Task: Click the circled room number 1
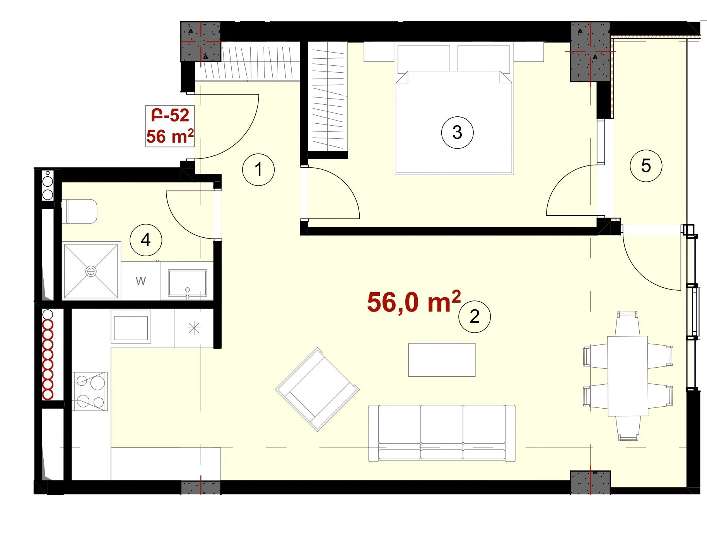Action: [x=258, y=169]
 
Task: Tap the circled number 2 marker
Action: [x=475, y=317]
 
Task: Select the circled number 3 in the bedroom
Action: [x=457, y=132]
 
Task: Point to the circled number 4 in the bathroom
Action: [x=146, y=240]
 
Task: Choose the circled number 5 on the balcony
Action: [x=646, y=165]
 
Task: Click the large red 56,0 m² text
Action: [x=414, y=302]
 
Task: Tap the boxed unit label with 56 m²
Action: [x=170, y=126]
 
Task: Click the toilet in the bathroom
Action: [x=79, y=211]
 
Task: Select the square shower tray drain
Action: [x=91, y=271]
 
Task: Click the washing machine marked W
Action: [x=141, y=281]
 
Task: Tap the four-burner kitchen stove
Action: [x=90, y=391]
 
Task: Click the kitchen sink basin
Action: [x=131, y=326]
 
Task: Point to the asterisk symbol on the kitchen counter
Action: [x=194, y=329]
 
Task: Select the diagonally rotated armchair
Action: [x=318, y=389]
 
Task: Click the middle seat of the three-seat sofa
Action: [x=442, y=432]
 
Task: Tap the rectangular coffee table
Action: [x=442, y=360]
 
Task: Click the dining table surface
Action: [x=628, y=376]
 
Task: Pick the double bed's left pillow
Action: [x=424, y=58]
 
